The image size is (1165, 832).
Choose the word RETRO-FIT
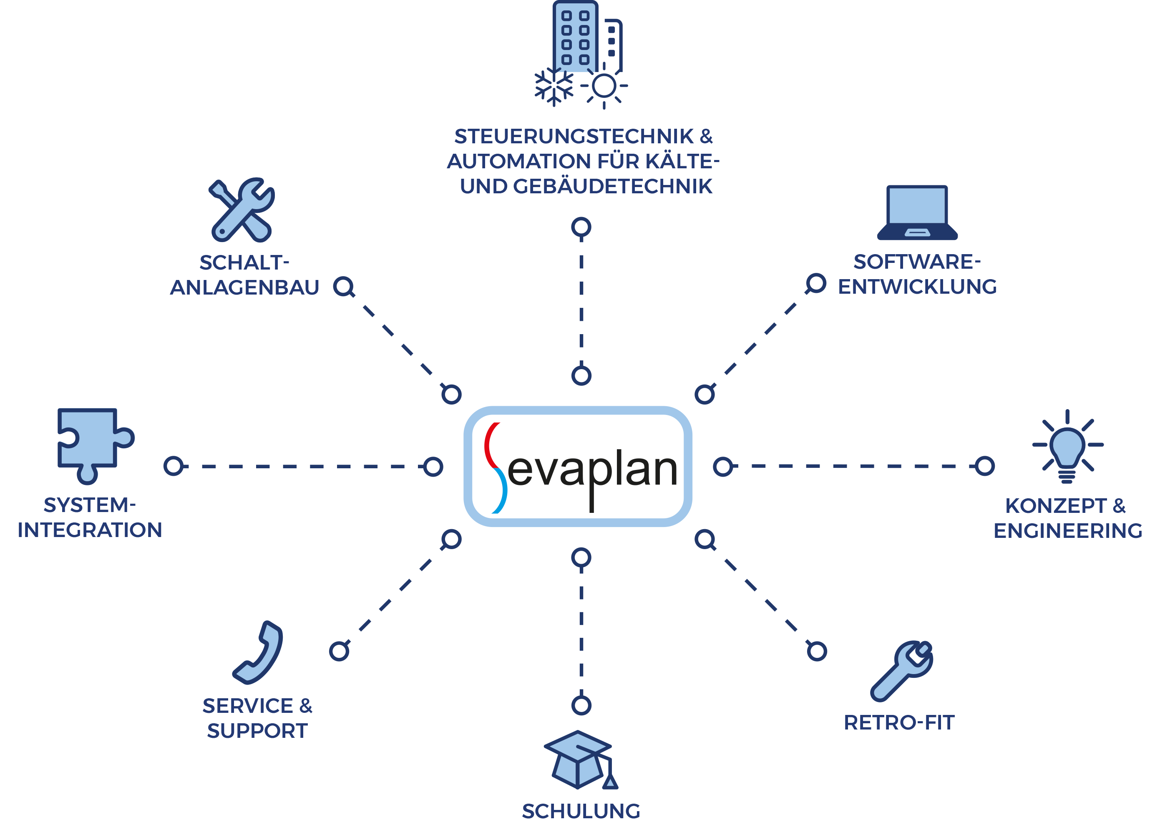click(899, 723)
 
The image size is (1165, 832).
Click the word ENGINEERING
click(1067, 531)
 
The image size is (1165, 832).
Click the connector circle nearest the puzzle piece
click(174, 466)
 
